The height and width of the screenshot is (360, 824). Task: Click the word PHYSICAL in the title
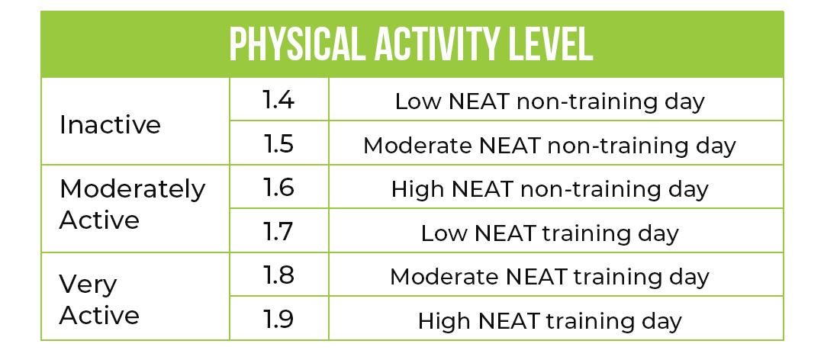pos(297,45)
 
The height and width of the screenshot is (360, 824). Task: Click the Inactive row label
pos(110,125)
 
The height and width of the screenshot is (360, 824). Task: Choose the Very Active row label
pos(98,300)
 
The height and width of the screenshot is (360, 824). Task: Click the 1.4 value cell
pos(278,100)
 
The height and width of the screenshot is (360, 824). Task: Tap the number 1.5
pos(278,143)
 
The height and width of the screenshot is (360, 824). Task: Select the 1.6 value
pos(278,187)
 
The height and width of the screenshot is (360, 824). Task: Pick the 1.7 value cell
pos(278,231)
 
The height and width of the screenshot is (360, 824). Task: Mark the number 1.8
pos(278,275)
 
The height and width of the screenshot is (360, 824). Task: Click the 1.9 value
pos(278,319)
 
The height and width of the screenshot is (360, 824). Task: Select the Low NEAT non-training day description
pos(549,101)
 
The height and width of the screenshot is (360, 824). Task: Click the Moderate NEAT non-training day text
pos(549,145)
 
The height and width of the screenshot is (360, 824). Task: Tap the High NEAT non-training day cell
pos(549,188)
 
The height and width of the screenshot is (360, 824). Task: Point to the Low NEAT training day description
pos(549,233)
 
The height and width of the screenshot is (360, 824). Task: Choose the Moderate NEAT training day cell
pos(549,276)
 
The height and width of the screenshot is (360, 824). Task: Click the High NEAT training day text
pos(549,320)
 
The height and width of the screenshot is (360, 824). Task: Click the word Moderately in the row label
pos(132,190)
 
